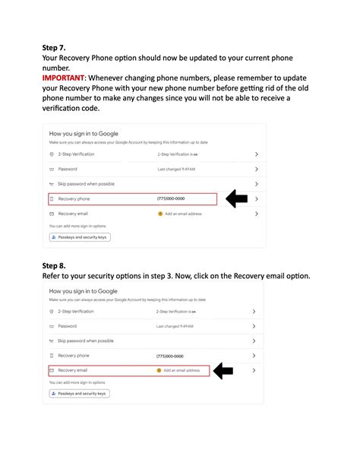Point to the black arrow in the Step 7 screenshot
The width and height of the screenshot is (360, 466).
pyautogui.click(x=237, y=199)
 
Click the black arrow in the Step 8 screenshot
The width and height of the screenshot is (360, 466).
pyautogui.click(x=223, y=370)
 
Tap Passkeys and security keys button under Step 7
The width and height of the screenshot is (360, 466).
pyautogui.click(x=80, y=237)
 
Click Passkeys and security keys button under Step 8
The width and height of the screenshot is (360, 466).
pyautogui.click(x=80, y=393)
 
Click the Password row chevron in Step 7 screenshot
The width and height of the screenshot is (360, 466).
pyautogui.click(x=257, y=169)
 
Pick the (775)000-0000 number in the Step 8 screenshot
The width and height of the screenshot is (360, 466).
pyautogui.click(x=170, y=356)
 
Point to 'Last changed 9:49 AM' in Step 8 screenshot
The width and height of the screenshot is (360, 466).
pyautogui.click(x=175, y=326)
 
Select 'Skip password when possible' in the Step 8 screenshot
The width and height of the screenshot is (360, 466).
pyautogui.click(x=86, y=341)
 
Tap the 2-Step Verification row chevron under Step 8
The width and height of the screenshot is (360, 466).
pyautogui.click(x=253, y=312)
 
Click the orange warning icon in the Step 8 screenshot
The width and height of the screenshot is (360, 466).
pyautogui.click(x=159, y=370)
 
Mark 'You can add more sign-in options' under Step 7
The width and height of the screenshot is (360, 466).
pyautogui.click(x=77, y=226)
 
